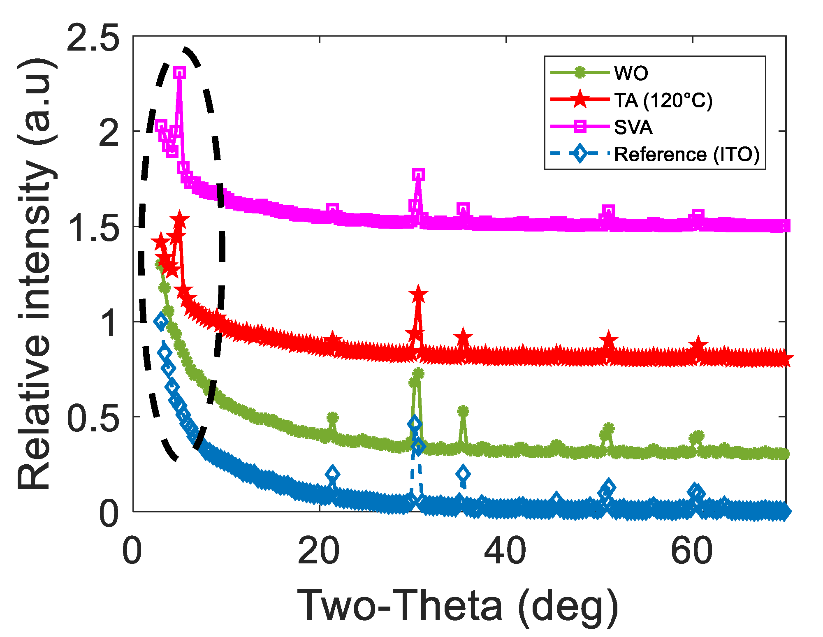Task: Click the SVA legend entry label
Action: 633,127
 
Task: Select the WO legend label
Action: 631,73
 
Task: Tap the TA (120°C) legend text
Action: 663,100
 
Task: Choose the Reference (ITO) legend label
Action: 686,154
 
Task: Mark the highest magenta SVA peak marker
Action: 179,73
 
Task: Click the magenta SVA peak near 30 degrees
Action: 418,174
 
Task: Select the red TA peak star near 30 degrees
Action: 418,294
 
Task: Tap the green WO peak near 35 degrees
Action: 463,411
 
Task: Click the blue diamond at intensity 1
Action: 161,322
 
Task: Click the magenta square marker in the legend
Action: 580,126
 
